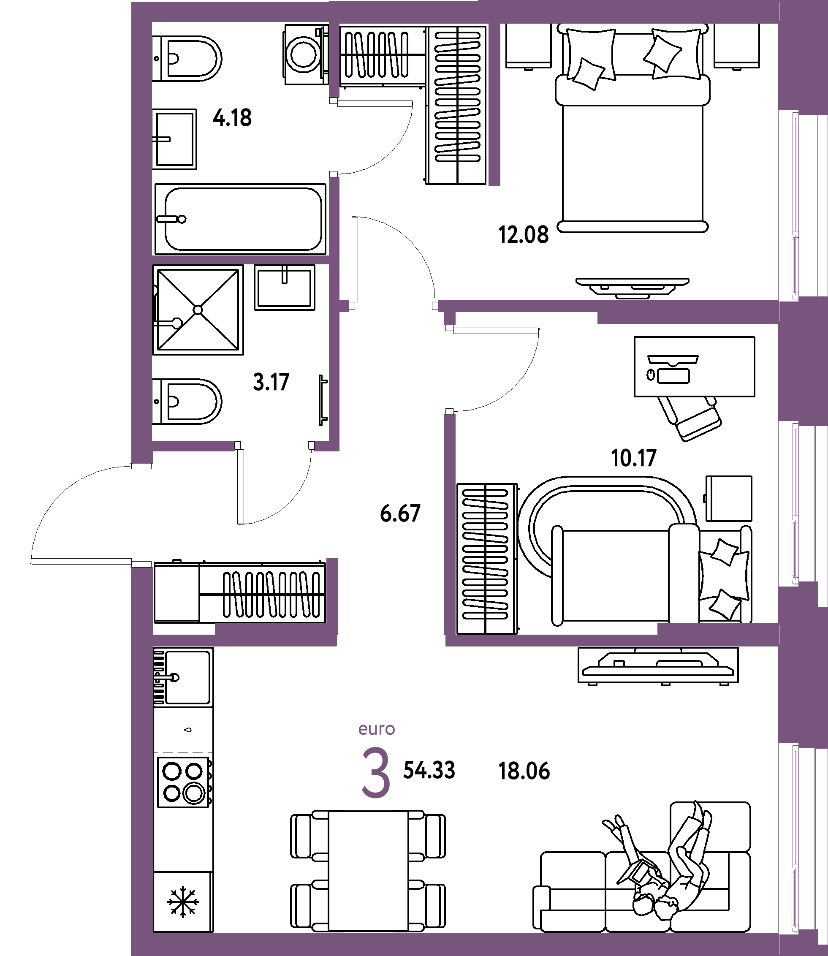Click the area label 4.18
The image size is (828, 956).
[x=232, y=118]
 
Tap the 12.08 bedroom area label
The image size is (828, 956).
[x=523, y=235]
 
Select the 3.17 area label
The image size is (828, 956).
[x=271, y=382]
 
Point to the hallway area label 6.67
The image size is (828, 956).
[x=400, y=513]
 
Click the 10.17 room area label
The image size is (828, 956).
[x=633, y=458]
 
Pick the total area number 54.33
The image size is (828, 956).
[x=429, y=770]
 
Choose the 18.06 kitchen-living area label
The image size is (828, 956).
[x=524, y=771]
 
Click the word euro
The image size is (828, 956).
[x=377, y=729]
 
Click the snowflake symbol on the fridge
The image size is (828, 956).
[x=183, y=902]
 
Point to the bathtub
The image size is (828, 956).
[x=240, y=219]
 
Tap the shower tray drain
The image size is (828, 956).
[x=198, y=310]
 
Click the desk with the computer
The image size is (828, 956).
[x=694, y=367]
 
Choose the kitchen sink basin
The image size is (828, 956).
[x=187, y=677]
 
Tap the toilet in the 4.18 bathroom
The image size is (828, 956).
[x=187, y=59]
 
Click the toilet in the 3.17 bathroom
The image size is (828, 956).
[x=187, y=402]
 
